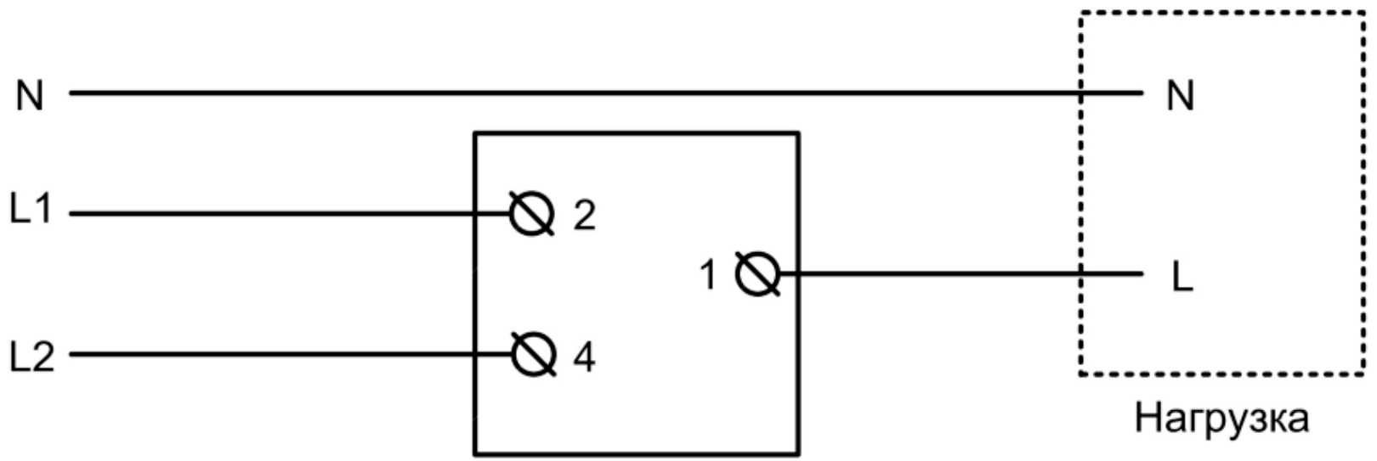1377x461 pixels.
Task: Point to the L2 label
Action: pos(32,357)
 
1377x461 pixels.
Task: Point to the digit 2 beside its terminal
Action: pos(584,216)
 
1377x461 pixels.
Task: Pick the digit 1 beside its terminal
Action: pos(708,274)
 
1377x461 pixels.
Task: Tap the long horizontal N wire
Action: pos(606,93)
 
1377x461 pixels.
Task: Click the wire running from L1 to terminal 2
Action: pos(290,214)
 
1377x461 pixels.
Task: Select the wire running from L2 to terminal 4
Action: pos(291,354)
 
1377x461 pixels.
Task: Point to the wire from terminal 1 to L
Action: pos(961,273)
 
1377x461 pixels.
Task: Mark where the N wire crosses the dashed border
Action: pos(1081,93)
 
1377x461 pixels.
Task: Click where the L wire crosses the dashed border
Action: pos(1081,273)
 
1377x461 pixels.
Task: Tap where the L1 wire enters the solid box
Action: pos(475,214)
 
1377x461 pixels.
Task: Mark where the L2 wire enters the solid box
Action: pos(475,354)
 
